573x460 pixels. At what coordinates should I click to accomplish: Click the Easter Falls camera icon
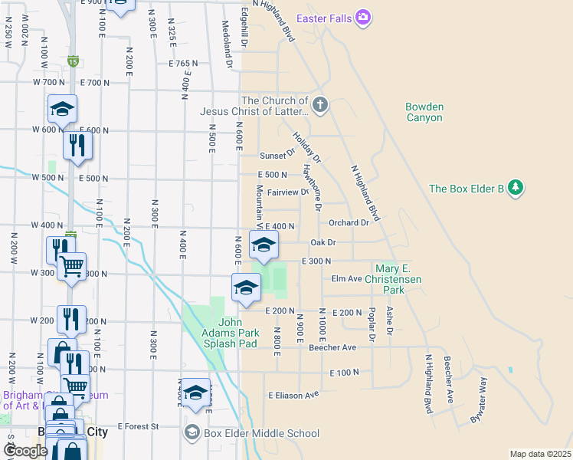point(363,16)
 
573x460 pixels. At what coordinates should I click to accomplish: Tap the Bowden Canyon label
point(424,113)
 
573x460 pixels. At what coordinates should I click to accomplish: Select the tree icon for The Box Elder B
point(516,188)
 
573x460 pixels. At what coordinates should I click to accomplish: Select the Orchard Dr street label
point(349,223)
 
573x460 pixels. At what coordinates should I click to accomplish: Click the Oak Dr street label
point(323,242)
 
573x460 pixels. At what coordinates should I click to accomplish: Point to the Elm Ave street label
point(346,279)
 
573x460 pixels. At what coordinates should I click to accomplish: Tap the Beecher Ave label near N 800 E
point(332,347)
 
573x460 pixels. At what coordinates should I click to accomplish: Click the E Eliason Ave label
point(293,395)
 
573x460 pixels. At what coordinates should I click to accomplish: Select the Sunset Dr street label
point(277,156)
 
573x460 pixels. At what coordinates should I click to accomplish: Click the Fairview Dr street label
point(287,192)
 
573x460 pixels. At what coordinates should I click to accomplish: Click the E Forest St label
point(138,426)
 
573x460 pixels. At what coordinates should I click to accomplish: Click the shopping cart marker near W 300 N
point(71,266)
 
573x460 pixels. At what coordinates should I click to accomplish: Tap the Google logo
point(25,451)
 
